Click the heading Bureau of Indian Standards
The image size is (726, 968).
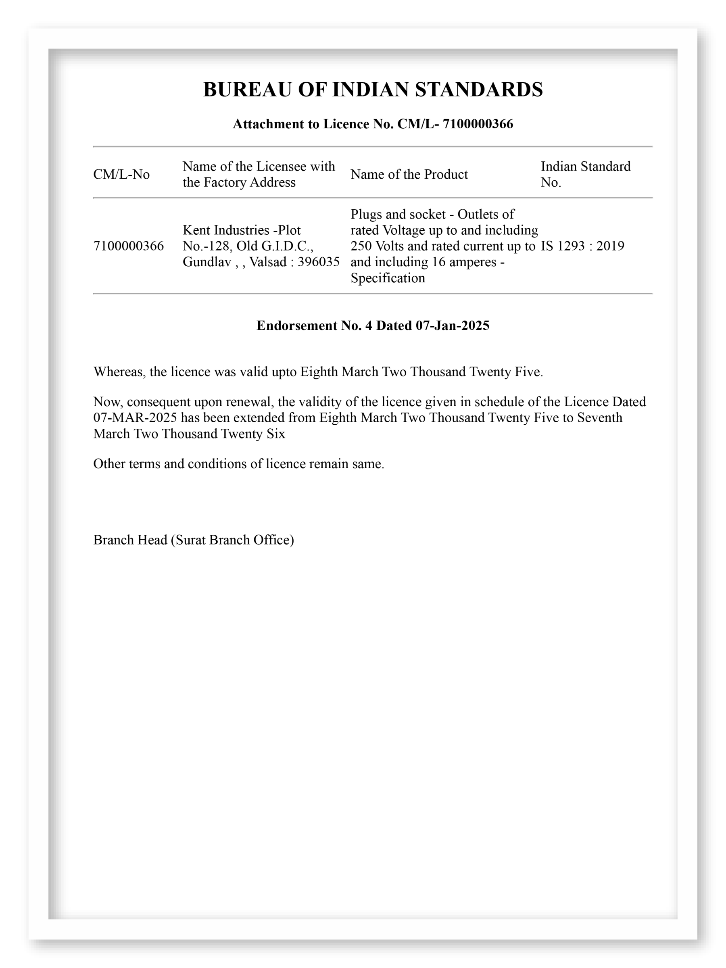tap(372, 89)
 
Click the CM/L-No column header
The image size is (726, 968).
tap(121, 175)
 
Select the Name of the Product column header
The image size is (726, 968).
tap(409, 175)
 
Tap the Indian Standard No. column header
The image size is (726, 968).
tap(585, 174)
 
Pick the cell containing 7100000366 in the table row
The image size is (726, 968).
tap(128, 246)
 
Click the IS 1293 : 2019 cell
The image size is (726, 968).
tap(582, 246)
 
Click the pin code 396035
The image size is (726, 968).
tap(318, 262)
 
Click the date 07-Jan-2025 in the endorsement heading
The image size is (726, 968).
tap(452, 325)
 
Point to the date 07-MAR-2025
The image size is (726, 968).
tap(135, 417)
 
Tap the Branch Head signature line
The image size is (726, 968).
tap(194, 540)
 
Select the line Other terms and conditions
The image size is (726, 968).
tap(238, 464)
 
